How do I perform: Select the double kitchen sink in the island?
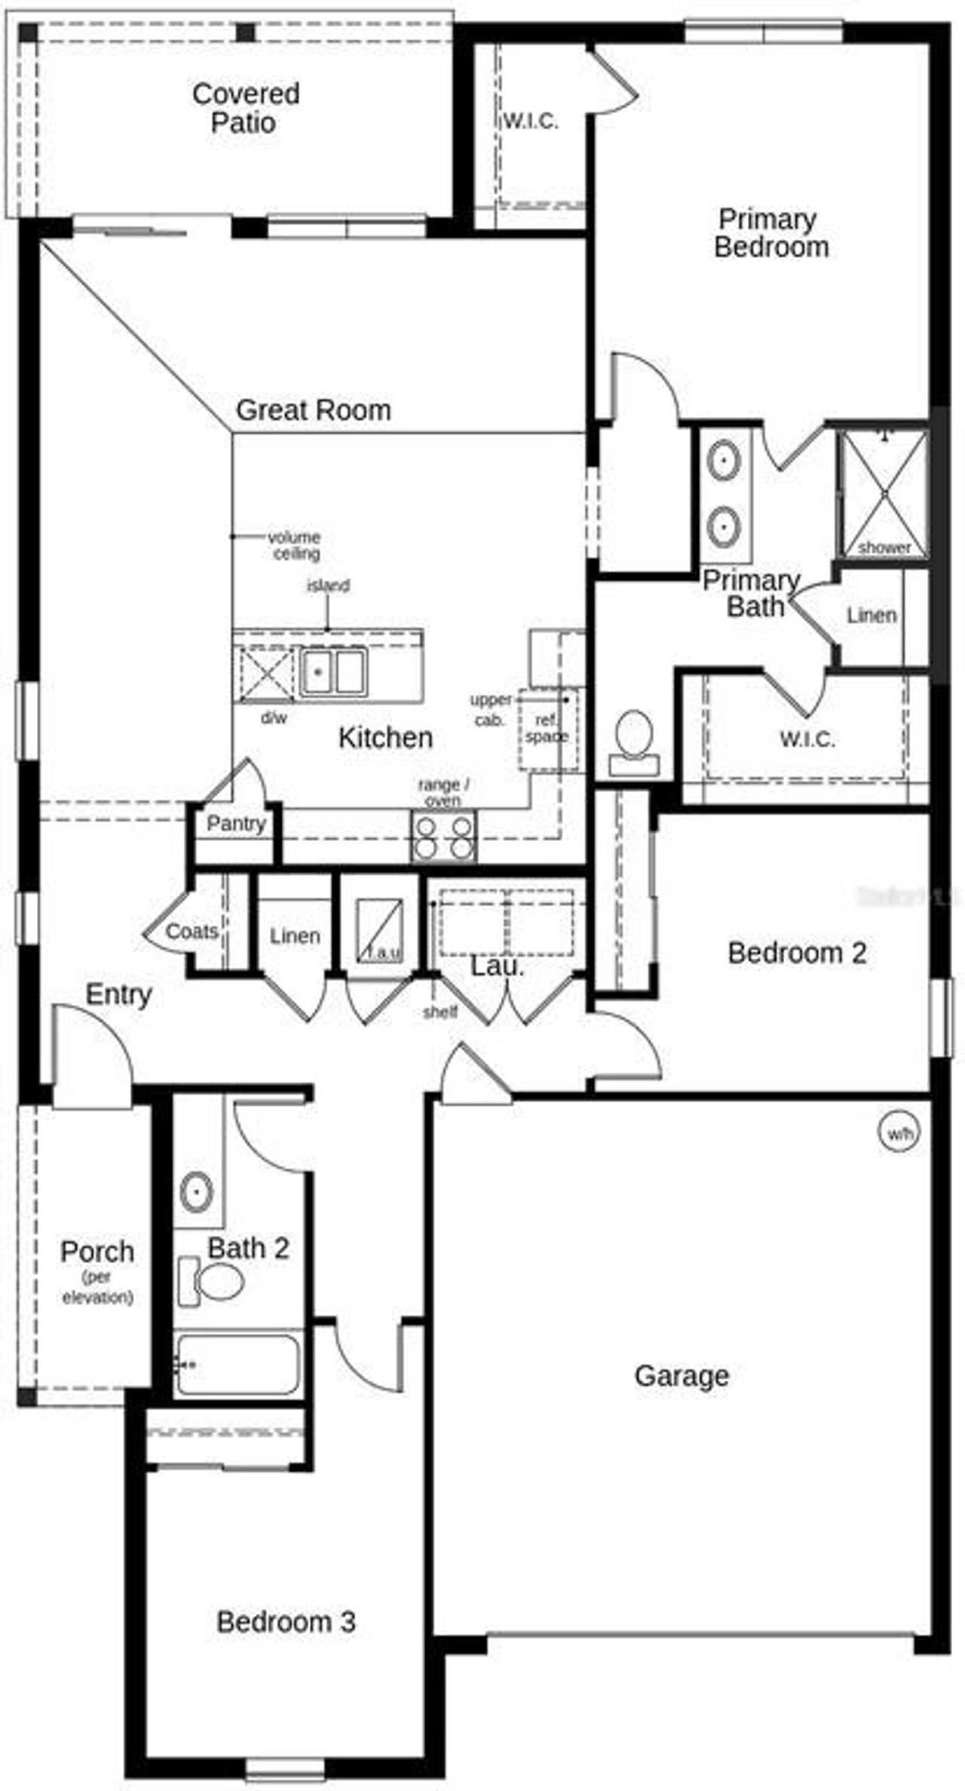pyautogui.click(x=332, y=671)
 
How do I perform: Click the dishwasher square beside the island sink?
pyautogui.click(x=266, y=674)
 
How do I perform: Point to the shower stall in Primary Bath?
pyautogui.click(x=883, y=492)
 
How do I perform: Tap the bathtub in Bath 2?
pyautogui.click(x=237, y=1364)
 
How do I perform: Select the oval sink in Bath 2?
pyautogui.click(x=196, y=1191)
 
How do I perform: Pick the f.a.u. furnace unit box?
pyautogui.click(x=378, y=930)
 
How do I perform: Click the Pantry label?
pyautogui.click(x=236, y=823)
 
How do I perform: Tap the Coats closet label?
pyautogui.click(x=191, y=931)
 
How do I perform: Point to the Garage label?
pyautogui.click(x=682, y=1375)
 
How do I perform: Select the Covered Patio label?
pyautogui.click(x=245, y=108)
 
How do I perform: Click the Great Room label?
pyautogui.click(x=314, y=410)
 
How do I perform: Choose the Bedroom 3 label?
pyautogui.click(x=286, y=1621)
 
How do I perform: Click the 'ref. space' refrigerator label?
pyautogui.click(x=547, y=729)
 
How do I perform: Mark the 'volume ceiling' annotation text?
pyautogui.click(x=295, y=545)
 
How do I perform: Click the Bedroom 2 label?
pyautogui.click(x=796, y=953)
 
